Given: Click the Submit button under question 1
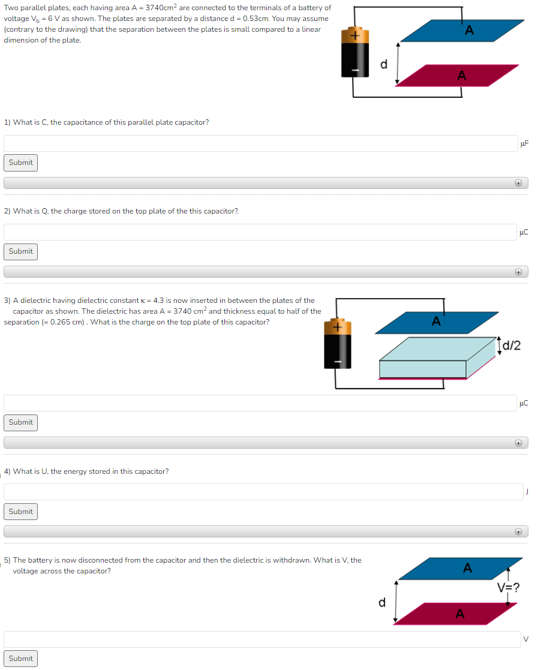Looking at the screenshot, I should pos(21,163).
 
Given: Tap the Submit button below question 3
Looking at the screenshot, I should pos(21,422).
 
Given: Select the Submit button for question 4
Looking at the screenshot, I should pos(21,512).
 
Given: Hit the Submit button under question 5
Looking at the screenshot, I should pos(21,659).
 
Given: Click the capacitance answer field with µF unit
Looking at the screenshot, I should pos(260,143).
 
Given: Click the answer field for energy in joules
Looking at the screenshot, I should pos(263,492).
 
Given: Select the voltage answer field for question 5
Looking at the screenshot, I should pos(262,639).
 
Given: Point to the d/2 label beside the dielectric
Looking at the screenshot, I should pos(512,345).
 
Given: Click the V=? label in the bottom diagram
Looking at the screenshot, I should pos(508,587).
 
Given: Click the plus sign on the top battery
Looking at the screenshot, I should pos(354,36).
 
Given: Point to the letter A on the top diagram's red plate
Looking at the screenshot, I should pos(461,75).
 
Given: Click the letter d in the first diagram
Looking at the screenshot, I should pos(384,64).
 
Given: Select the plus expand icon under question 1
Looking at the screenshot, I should pos(518,183).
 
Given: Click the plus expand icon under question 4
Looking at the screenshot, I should pos(518,532).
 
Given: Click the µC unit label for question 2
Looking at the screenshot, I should pos(524,232).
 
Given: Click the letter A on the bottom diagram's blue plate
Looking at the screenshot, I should pos(468,567).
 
